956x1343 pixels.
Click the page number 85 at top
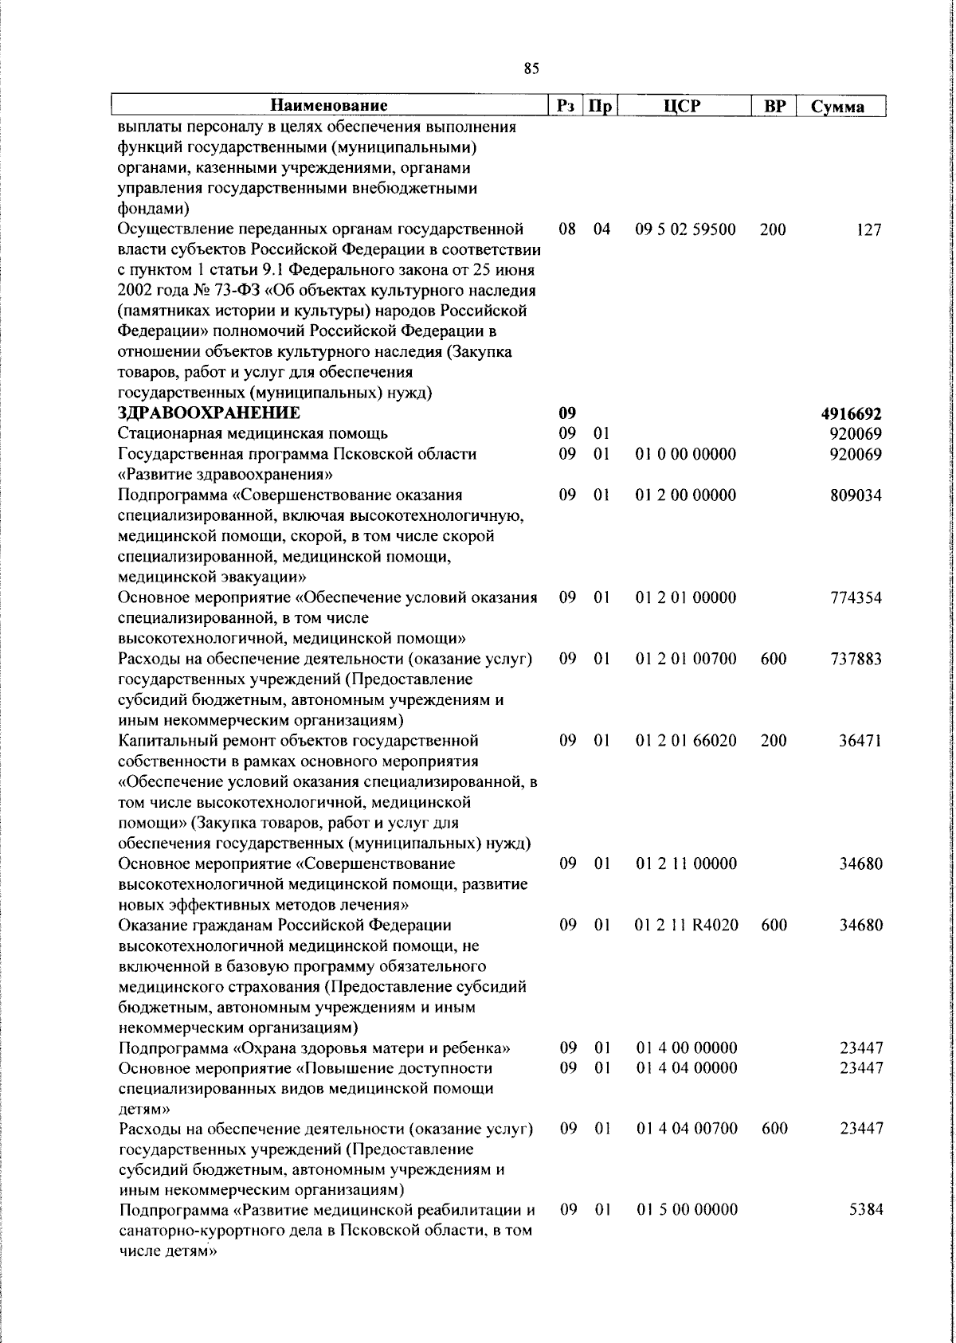[x=531, y=69]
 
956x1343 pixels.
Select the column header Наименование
[x=328, y=105]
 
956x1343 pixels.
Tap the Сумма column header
[x=837, y=106]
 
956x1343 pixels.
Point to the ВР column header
[x=774, y=105]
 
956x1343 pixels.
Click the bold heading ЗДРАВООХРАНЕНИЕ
[x=209, y=413]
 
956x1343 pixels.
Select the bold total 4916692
[x=851, y=413]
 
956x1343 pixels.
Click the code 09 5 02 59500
[x=685, y=230]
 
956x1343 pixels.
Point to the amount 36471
[x=860, y=741]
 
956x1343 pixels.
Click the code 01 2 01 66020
[x=686, y=741]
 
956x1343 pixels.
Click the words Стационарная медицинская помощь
[x=253, y=433]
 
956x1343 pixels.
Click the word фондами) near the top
[x=153, y=209]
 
